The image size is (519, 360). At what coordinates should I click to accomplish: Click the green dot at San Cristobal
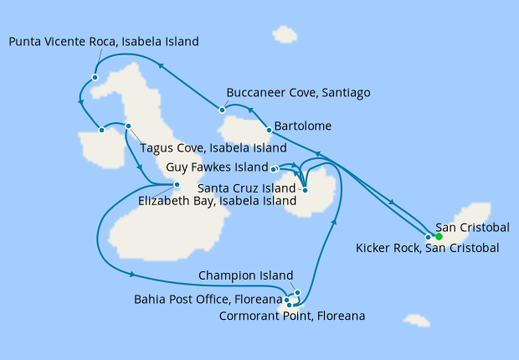[438, 236]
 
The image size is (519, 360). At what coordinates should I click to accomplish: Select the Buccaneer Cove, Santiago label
[298, 92]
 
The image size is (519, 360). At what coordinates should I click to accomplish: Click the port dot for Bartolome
[268, 130]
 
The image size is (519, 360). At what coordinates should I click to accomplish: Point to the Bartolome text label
[308, 126]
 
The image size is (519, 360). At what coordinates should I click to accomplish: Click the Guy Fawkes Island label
[217, 167]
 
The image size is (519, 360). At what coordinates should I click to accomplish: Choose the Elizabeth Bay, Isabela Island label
[218, 201]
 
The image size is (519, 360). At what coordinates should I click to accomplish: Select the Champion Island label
[246, 275]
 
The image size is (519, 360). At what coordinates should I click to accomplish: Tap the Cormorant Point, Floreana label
[291, 316]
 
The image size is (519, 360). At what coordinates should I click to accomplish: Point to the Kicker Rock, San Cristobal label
[427, 248]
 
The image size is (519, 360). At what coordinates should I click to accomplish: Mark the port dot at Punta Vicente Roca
[95, 77]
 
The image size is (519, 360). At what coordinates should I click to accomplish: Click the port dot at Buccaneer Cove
[222, 109]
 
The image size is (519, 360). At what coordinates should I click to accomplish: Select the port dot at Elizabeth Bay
[177, 184]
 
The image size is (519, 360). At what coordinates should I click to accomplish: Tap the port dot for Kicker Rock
[429, 236]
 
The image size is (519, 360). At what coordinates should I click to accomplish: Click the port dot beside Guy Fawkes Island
[274, 168]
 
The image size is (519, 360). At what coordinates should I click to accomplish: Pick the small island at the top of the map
[285, 34]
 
